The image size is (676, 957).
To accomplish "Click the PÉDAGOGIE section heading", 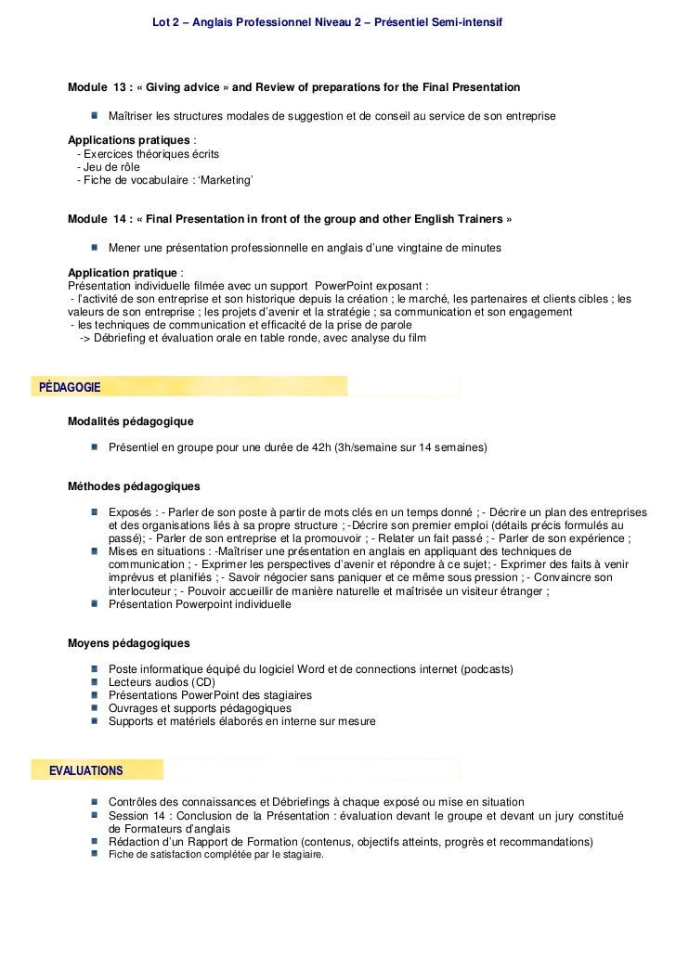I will pyautogui.click(x=70, y=386).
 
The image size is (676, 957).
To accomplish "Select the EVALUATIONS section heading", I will pyautogui.click(x=85, y=770).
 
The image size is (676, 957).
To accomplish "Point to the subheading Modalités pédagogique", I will pyautogui.click(x=130, y=420).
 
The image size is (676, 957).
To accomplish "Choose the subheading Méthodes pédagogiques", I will pyautogui.click(x=134, y=485).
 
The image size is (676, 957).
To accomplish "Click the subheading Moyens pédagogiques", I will pyautogui.click(x=129, y=642).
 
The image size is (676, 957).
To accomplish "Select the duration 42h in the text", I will pyautogui.click(x=320, y=447).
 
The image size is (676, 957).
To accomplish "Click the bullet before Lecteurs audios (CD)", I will pyautogui.click(x=96, y=682).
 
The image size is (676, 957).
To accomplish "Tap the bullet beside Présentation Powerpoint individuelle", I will pyautogui.click(x=96, y=604).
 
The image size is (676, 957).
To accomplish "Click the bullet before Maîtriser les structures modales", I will pyautogui.click(x=96, y=116).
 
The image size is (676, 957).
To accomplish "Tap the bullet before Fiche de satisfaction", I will pyautogui.click(x=96, y=855).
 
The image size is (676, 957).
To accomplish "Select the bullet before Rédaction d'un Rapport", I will pyautogui.click(x=96, y=842).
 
